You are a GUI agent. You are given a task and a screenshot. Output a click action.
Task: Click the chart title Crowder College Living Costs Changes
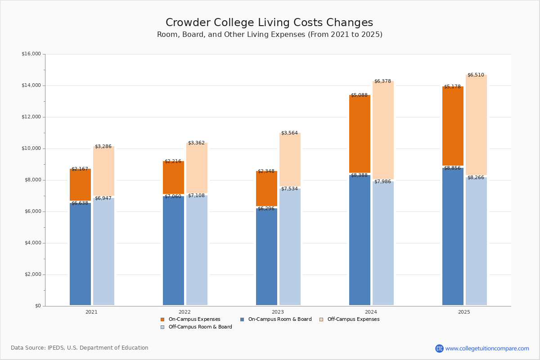click(269, 23)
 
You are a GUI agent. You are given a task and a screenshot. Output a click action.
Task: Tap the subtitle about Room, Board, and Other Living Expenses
click(270, 35)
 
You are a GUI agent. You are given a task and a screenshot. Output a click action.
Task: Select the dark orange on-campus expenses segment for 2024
click(360, 134)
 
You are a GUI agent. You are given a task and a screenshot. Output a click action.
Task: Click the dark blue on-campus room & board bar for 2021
click(80, 254)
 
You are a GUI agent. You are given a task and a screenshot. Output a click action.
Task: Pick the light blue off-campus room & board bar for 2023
click(290, 247)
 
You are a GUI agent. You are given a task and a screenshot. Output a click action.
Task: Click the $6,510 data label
click(476, 75)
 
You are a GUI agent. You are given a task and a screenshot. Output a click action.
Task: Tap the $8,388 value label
click(359, 175)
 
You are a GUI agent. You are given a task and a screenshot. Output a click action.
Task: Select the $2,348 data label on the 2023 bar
click(266, 171)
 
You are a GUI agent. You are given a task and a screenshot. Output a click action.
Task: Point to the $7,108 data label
click(196, 196)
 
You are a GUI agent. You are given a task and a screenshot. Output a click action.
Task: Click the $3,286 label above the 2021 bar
click(103, 147)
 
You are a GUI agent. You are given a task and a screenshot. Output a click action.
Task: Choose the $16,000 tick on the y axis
click(31, 54)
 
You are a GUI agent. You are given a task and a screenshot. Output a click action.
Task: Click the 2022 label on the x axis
click(184, 312)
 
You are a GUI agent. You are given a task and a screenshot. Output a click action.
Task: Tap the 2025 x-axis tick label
click(464, 312)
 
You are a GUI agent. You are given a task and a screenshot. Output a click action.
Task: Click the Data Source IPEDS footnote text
click(80, 348)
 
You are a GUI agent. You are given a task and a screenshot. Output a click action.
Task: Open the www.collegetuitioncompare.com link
click(487, 348)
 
